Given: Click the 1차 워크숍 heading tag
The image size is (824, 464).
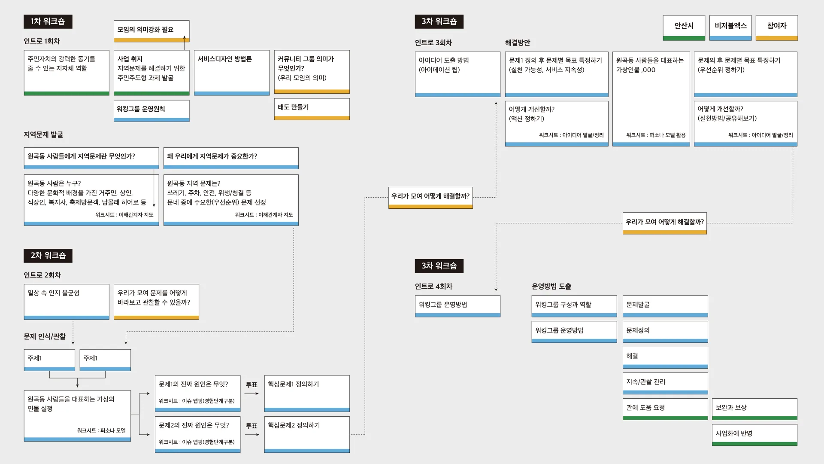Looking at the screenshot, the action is click(48, 21).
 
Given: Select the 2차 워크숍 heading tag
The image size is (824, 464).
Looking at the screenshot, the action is click(48, 256).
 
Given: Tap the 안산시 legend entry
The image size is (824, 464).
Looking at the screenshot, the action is click(684, 28).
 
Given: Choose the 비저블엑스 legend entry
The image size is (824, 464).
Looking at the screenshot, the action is click(730, 28).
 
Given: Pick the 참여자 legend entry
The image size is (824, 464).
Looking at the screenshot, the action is click(777, 28).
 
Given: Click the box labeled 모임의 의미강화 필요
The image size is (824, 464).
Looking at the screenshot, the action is click(151, 31).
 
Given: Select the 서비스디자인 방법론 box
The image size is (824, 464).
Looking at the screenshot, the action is click(232, 73).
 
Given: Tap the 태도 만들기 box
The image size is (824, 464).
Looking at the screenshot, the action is click(312, 109).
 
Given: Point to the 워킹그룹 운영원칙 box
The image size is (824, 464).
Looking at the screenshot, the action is click(151, 111).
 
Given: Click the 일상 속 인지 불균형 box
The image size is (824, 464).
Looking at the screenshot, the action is click(67, 302).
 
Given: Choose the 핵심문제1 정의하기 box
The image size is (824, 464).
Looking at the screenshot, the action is click(307, 394).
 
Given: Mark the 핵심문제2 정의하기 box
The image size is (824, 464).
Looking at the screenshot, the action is click(307, 434).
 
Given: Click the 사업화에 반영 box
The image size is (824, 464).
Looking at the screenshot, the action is click(754, 435).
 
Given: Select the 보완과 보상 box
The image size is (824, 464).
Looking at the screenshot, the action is click(754, 409).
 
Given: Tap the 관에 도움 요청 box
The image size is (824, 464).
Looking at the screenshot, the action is click(665, 409).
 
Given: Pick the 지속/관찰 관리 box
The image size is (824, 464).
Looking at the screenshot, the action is click(665, 383).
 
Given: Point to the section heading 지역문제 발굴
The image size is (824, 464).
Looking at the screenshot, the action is click(43, 134).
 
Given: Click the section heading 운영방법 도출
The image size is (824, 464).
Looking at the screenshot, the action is click(551, 286).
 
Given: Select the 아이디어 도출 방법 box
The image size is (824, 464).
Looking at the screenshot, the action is click(457, 74).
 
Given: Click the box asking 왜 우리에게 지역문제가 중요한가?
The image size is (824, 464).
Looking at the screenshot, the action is click(231, 158).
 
